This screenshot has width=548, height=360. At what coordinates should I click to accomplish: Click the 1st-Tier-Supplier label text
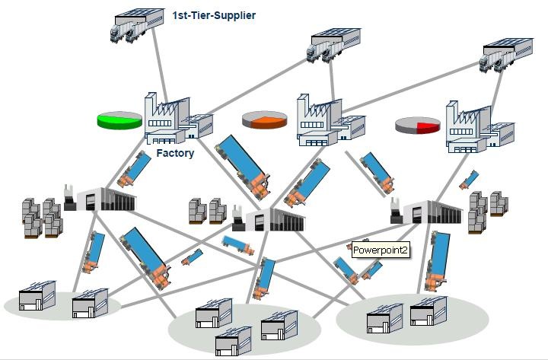(213, 14)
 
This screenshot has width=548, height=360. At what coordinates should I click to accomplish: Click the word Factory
(175, 153)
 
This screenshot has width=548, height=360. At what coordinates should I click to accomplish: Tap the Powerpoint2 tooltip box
(381, 249)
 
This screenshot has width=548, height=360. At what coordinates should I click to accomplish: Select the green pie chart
(119, 119)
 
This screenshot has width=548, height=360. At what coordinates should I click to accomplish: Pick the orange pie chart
(264, 119)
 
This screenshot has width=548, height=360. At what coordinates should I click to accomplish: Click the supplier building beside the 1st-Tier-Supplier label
(138, 24)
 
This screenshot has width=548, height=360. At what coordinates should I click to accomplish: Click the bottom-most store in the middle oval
(232, 342)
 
